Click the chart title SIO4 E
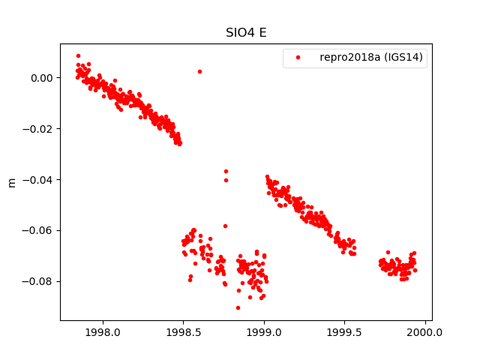coord(246,33)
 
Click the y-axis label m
coord(12,182)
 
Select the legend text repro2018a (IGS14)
coord(372,58)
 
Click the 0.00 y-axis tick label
coord(42,78)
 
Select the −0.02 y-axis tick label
coord(39,129)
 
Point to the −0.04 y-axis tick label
coord(39,180)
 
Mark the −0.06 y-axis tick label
coord(39,231)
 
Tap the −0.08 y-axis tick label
coord(39,282)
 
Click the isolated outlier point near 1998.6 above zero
coord(199,71)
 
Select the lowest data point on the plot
coord(238,307)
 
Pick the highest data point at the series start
coord(78,55)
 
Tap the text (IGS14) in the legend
coord(406,58)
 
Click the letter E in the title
coord(262,33)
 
